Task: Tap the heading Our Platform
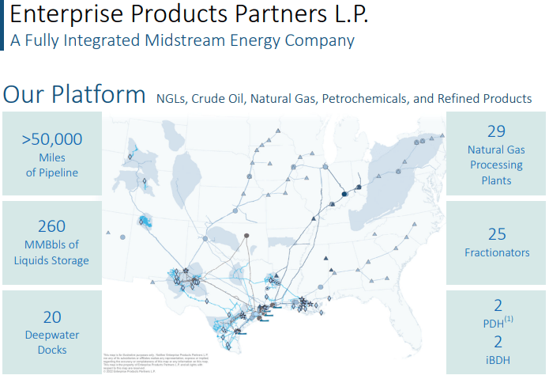(74, 95)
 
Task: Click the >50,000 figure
(52, 139)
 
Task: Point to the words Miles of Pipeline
(52, 165)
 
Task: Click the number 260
(52, 226)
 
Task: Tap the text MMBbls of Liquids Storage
(52, 252)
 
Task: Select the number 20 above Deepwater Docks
(52, 317)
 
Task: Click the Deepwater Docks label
(52, 343)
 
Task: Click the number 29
(496, 131)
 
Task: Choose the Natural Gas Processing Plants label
(496, 165)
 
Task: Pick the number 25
(496, 234)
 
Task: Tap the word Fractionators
(496, 252)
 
